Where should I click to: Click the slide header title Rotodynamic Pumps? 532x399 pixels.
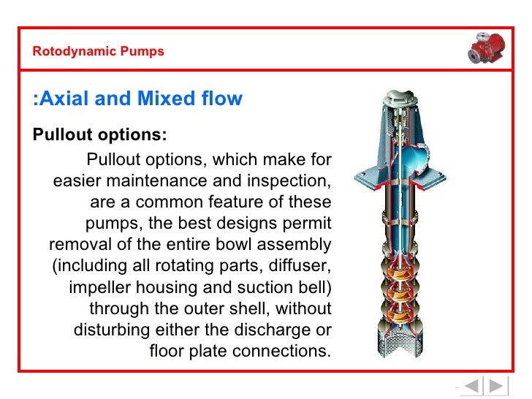pos(99,52)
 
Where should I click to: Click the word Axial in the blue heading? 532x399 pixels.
pos(65,99)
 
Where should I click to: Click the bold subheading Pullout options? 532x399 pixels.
pos(99,136)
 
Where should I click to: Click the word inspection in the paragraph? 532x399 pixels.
pos(289,180)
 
